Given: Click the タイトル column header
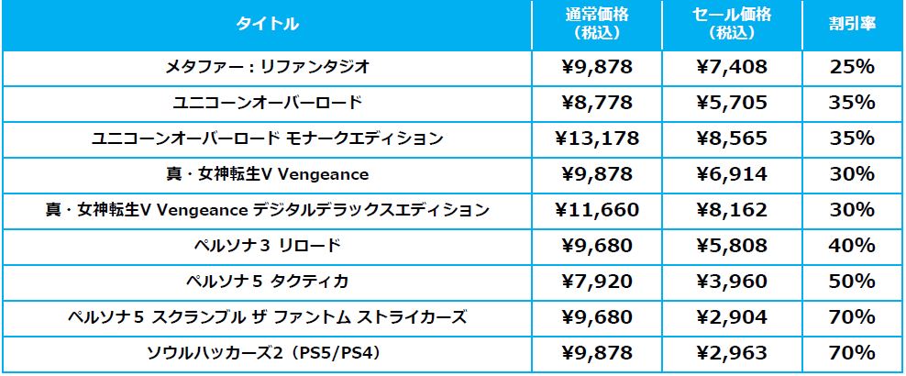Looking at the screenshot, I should (x=268, y=25).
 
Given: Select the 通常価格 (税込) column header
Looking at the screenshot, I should (x=597, y=25).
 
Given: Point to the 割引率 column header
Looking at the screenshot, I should (x=852, y=25).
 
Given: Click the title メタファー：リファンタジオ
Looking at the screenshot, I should (x=268, y=67).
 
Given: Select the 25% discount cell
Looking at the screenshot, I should (x=852, y=67).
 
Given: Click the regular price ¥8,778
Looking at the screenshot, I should (x=597, y=103).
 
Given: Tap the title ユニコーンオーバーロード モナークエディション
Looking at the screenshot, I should (x=268, y=138).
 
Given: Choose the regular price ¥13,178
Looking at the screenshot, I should (x=597, y=138).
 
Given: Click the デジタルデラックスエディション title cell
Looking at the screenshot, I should (x=268, y=210).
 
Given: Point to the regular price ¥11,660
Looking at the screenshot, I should (x=597, y=210).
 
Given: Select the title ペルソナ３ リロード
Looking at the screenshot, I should (x=268, y=246).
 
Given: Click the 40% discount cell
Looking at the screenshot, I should (x=852, y=246).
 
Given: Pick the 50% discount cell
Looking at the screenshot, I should (x=852, y=282).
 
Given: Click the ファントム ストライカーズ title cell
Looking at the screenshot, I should (x=268, y=317).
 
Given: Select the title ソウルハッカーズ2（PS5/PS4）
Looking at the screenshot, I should (x=268, y=353).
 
